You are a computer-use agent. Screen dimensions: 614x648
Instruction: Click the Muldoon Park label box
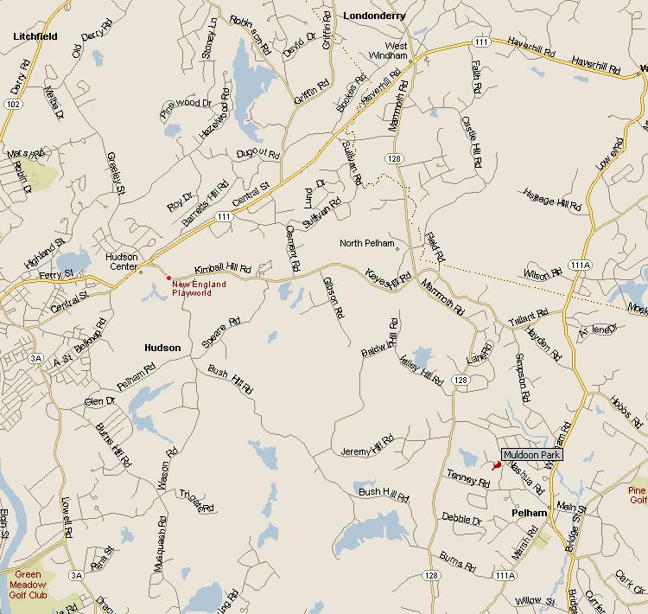tap(532, 454)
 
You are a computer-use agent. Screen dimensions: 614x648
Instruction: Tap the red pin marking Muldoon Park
tap(497, 465)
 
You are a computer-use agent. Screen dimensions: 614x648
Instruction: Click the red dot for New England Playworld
tap(168, 278)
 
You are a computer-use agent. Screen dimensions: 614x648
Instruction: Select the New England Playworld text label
tap(199, 288)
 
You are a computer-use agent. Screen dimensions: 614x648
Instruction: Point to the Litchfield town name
tap(35, 36)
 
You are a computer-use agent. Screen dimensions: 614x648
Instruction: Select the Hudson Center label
tap(122, 261)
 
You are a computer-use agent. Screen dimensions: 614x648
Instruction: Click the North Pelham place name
tap(366, 243)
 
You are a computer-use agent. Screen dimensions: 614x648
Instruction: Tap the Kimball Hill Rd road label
tap(222, 270)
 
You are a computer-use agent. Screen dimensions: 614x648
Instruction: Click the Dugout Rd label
tap(257, 154)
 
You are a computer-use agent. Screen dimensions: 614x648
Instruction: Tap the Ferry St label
tap(56, 274)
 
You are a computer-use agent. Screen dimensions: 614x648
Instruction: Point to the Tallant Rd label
tap(529, 317)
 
